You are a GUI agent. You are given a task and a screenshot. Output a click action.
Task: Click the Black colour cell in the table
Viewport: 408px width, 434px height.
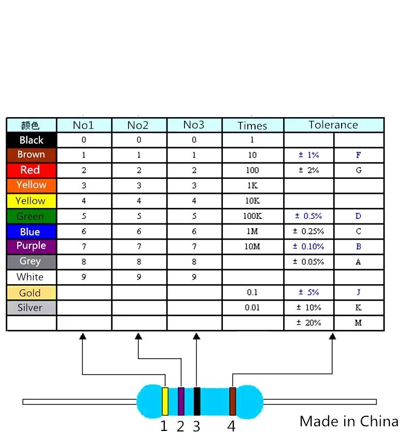pyautogui.click(x=31, y=140)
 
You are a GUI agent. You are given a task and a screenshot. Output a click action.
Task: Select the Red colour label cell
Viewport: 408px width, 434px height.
pyautogui.click(x=31, y=170)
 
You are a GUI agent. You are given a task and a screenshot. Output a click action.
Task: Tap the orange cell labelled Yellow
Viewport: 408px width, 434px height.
pyautogui.click(x=31, y=185)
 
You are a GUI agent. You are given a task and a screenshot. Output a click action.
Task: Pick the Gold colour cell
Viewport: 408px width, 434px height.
pyautogui.click(x=31, y=293)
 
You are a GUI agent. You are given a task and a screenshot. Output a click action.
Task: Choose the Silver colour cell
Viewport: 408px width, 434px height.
pyautogui.click(x=31, y=307)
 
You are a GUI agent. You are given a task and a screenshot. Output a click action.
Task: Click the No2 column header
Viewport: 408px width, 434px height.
pyautogui.click(x=138, y=125)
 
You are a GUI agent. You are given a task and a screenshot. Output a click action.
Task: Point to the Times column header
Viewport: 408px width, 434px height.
pyautogui.click(x=252, y=125)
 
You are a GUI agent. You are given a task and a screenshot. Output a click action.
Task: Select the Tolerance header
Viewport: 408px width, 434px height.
pyautogui.click(x=333, y=125)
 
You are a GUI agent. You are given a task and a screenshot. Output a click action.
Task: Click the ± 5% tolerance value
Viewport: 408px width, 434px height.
pyautogui.click(x=308, y=292)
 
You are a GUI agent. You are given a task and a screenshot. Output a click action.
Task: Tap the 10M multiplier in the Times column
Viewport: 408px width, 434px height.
pyautogui.click(x=252, y=247)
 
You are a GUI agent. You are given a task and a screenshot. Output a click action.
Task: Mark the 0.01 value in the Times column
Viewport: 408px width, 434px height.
pyautogui.click(x=252, y=307)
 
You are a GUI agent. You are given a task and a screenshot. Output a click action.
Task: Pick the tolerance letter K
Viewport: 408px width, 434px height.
pyautogui.click(x=358, y=307)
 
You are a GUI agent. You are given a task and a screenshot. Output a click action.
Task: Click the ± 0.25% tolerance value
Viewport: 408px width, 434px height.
pyautogui.click(x=308, y=231)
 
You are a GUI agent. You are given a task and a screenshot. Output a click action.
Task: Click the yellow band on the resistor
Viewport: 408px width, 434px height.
pyautogui.click(x=165, y=401)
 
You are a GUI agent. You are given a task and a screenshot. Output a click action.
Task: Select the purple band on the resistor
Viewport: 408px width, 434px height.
pyautogui.click(x=181, y=401)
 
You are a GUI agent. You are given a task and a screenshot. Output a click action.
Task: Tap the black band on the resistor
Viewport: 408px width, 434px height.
pyautogui.click(x=197, y=401)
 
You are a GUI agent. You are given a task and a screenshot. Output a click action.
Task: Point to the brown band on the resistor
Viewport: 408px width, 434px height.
pyautogui.click(x=233, y=401)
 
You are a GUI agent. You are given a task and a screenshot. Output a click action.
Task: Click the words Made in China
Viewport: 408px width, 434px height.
pyautogui.click(x=349, y=421)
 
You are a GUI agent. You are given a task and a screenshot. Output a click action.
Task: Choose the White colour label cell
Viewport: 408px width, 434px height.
pyautogui.click(x=31, y=277)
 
